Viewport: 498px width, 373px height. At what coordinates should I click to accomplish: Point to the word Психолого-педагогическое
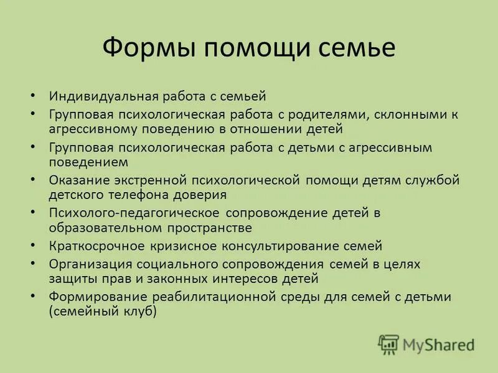coord(137,213)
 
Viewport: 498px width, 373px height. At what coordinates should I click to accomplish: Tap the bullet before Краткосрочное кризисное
coord(33,246)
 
